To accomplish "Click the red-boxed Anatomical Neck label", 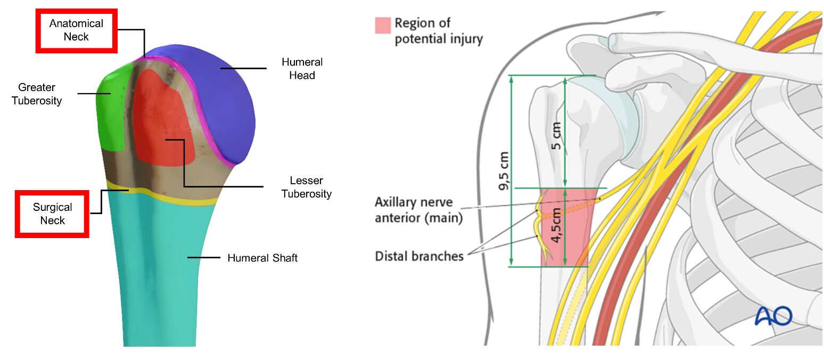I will point(76,30).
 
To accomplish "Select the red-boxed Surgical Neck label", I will point(52,214).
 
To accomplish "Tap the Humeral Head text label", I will point(302,69).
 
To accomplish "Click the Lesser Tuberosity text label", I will point(306,187).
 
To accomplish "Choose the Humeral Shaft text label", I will point(262,258).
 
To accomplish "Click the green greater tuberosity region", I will point(112,112).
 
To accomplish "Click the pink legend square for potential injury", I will point(383,25).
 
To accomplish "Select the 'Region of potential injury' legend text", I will point(438,31).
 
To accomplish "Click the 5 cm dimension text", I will point(557,136).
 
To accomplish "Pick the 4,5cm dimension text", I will point(557,227).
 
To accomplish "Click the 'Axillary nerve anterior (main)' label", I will point(418,210).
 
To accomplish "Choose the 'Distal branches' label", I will point(419,256).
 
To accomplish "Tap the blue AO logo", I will point(773,315).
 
